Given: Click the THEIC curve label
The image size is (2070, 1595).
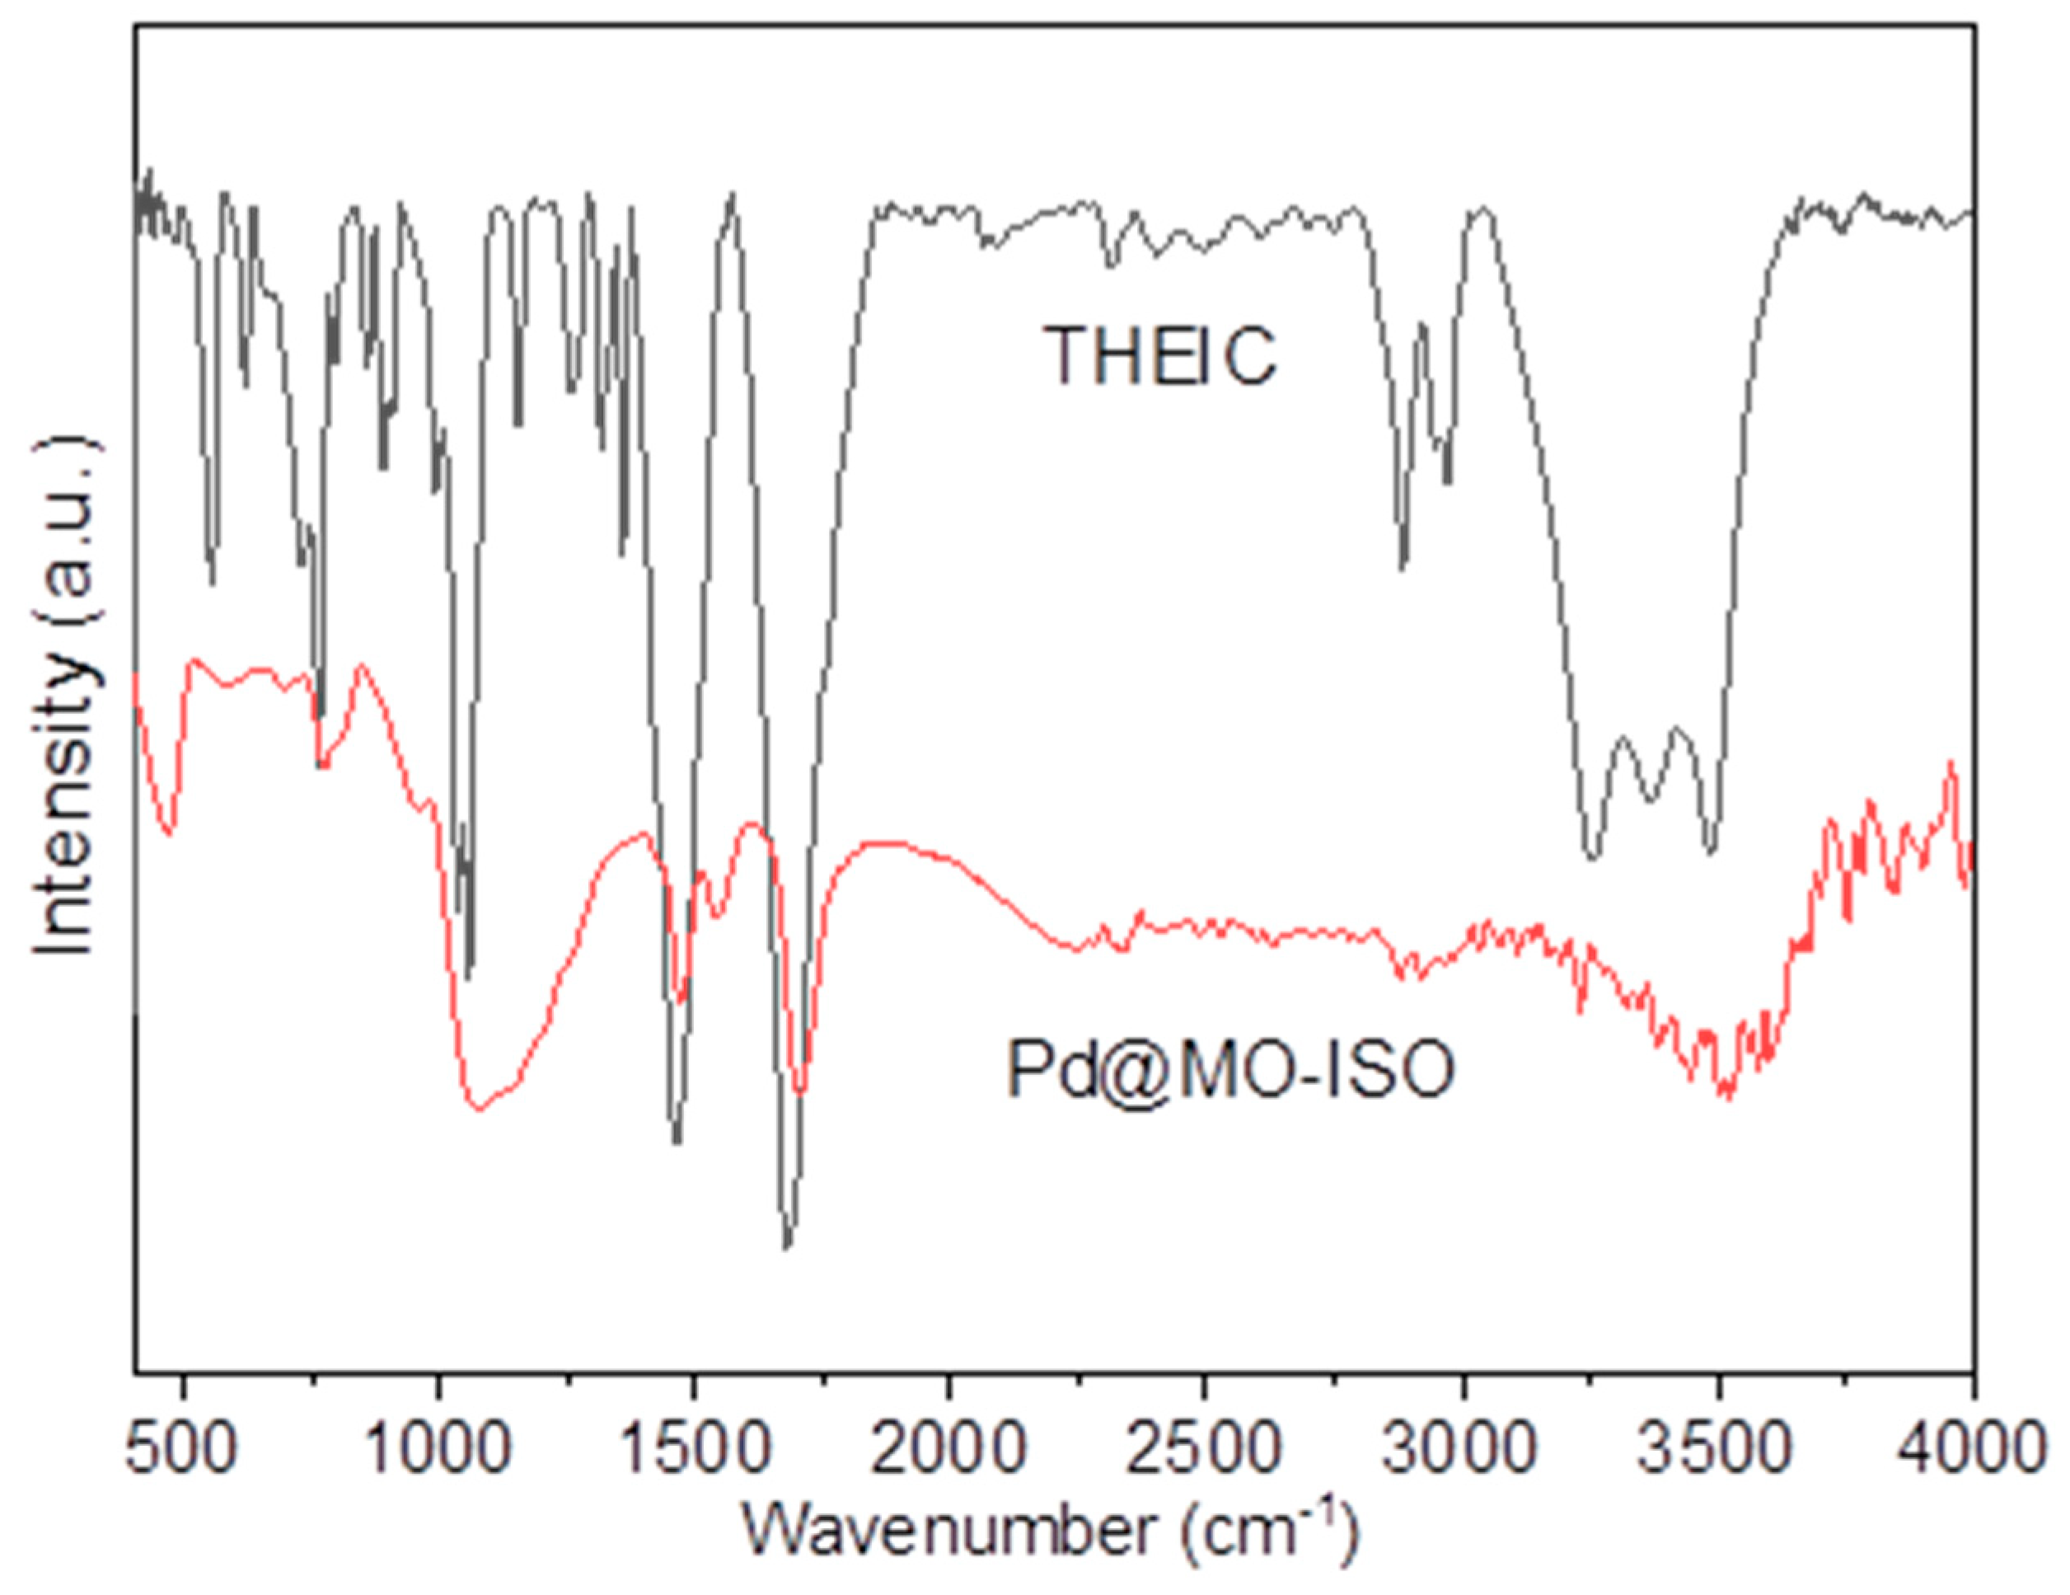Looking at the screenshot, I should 1160,355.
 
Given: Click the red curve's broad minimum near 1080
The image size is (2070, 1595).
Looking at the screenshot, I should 480,1109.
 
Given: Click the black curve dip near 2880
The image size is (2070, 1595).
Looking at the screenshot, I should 1403,568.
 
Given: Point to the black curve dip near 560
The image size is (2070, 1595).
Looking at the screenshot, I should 211,582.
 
